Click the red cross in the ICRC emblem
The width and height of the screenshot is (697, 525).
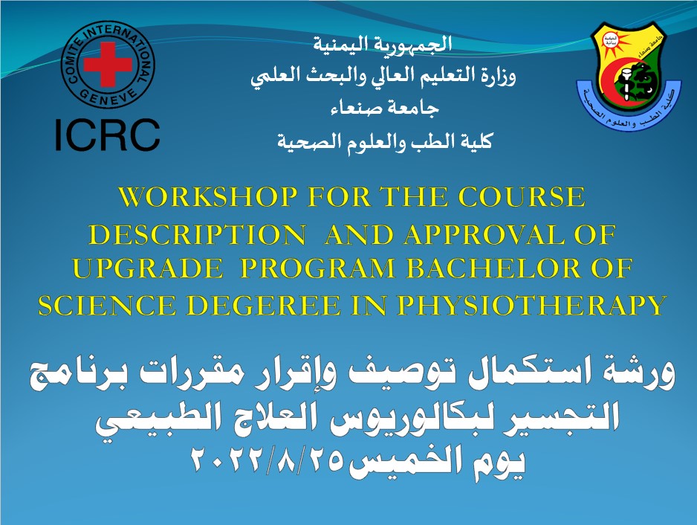coord(108,65)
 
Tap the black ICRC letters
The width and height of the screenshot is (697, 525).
coord(107,135)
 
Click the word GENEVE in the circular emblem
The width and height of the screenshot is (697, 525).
coord(108,98)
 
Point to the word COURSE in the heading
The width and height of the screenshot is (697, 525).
coord(522,197)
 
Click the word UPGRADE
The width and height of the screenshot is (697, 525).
coord(148,268)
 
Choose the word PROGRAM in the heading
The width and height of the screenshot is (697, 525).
coord(317,268)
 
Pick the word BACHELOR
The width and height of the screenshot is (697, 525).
coord(493,268)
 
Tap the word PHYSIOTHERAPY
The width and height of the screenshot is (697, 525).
coord(531,306)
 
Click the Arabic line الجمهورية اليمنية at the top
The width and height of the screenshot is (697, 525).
coord(383,44)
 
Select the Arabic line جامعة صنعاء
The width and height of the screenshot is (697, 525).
coord(385,108)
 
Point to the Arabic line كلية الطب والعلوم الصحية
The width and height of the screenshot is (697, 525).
coord(385,141)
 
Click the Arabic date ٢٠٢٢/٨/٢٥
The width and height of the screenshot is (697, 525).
coord(267,459)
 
